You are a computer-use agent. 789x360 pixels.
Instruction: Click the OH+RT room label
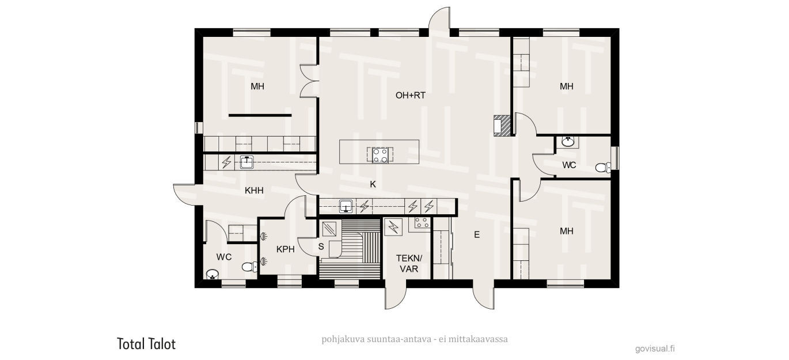tap(411, 96)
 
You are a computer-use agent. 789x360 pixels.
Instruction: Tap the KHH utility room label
tap(254, 191)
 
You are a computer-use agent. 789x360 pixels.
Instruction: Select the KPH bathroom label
tap(285, 249)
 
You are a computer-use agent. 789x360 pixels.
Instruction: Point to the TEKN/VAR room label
tap(409, 263)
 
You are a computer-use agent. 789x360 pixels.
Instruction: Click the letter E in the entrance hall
tap(477, 234)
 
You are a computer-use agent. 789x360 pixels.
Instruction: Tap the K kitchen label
tap(373, 184)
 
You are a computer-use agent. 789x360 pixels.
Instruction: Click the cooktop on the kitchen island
tap(381, 156)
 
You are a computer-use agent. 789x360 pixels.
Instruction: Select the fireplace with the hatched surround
tap(502, 126)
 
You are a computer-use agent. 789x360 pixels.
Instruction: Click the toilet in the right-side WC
tap(603, 167)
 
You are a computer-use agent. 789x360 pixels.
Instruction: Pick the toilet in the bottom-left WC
tap(250, 267)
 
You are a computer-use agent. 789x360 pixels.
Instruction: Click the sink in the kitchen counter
tap(346, 206)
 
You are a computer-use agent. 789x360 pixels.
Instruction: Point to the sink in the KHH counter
tap(246, 162)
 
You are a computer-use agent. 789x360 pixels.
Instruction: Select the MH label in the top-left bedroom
tap(257, 86)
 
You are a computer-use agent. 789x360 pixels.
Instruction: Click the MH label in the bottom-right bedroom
tap(566, 231)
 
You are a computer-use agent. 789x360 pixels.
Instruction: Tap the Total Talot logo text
tap(146, 344)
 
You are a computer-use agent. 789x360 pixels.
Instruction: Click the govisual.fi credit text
tap(655, 348)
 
